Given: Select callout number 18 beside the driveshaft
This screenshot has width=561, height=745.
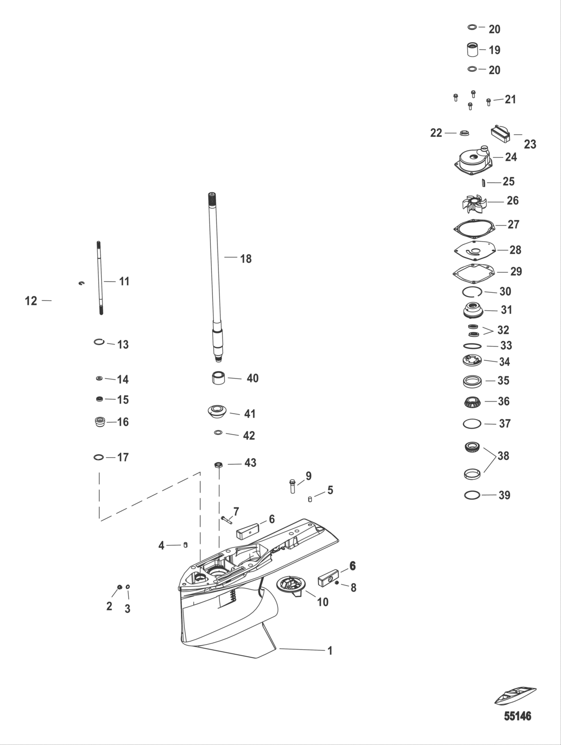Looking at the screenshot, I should click(245, 259).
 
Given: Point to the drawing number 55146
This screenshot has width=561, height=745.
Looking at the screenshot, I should click(517, 716).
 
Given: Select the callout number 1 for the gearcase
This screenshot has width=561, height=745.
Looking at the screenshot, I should click(330, 650).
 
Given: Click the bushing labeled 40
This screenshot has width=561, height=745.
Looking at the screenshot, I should click(217, 378).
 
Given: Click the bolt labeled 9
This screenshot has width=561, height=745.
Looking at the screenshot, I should click(292, 486).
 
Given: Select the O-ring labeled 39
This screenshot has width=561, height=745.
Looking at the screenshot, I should click(472, 495).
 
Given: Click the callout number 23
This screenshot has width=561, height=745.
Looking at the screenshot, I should click(529, 144).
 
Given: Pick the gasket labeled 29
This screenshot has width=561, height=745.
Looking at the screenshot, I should click(473, 271).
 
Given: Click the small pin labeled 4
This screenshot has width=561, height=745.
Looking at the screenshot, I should click(185, 545).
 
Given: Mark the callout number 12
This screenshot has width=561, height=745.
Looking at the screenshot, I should click(31, 301).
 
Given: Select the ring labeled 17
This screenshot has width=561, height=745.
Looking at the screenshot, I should click(99, 457).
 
